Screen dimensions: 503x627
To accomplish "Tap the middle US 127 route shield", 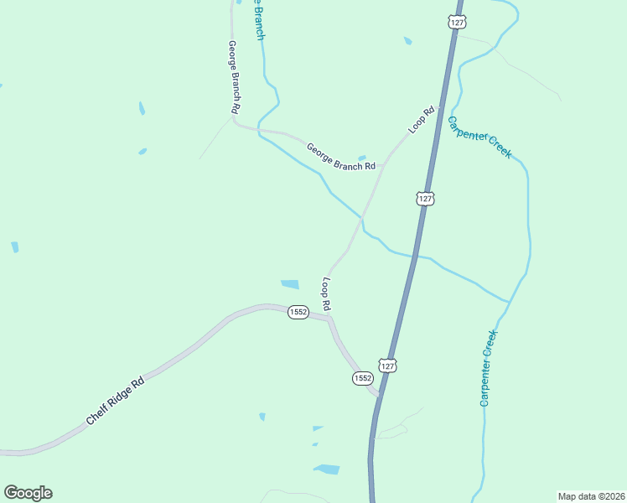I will click(425, 199).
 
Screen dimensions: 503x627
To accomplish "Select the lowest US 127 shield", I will click(387, 366).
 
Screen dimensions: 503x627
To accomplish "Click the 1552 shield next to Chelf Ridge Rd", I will click(298, 312).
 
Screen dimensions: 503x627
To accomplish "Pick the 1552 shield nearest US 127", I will click(362, 379).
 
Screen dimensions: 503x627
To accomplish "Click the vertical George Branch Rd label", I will click(235, 77).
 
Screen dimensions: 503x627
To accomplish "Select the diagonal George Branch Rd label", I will click(340, 156).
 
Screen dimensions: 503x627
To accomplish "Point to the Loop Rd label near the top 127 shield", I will click(422, 120).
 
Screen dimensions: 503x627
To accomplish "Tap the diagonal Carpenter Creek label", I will click(479, 137).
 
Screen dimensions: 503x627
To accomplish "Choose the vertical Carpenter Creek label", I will click(489, 368).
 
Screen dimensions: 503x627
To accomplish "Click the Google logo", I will click(28, 493).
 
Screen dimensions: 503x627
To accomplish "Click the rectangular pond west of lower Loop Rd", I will click(289, 284).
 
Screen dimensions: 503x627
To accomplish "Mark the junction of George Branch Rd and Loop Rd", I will click(382, 164).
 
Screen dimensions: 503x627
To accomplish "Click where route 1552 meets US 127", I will click(379, 394).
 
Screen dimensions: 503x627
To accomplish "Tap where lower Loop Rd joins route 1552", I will click(329, 316).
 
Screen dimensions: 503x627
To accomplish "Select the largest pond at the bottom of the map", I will click(327, 469).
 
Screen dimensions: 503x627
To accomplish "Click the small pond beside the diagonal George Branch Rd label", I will click(362, 157).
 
